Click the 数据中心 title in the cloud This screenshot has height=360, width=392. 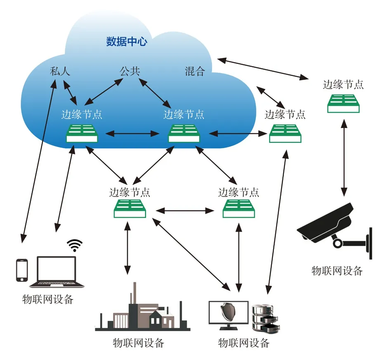[x=126, y=42]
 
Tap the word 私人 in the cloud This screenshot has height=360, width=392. [x=60, y=71]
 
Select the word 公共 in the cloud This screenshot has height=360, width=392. [x=130, y=71]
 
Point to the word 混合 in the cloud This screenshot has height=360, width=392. [x=195, y=71]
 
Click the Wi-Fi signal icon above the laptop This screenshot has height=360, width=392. [x=75, y=245]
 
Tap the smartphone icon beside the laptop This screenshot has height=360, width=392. [x=21, y=271]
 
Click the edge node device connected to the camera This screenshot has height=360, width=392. [x=344, y=103]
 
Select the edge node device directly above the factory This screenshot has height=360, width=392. [x=129, y=208]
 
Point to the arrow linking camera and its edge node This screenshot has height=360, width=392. [x=343, y=157]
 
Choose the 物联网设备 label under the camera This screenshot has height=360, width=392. [x=337, y=271]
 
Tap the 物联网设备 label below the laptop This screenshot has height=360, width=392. [x=47, y=299]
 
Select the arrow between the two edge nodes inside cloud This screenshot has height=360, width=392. [x=133, y=133]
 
